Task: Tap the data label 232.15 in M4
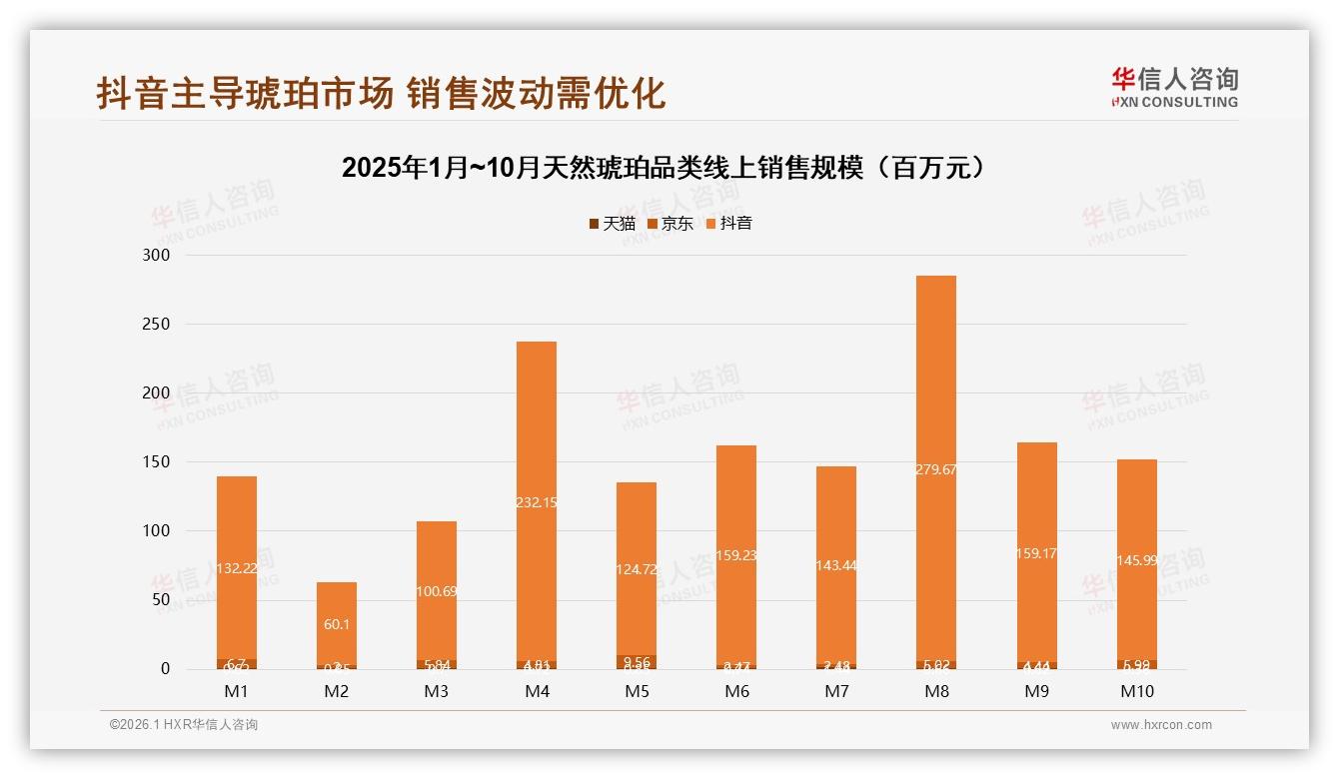coord(536,502)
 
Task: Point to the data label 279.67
coord(935,469)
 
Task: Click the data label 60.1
coord(336,624)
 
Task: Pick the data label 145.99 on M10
coord(1136,560)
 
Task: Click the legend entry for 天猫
coord(613,224)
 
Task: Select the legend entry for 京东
coord(670,224)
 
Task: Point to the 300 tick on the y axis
coord(158,256)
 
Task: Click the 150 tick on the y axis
coord(158,462)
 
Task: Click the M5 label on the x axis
coord(636,691)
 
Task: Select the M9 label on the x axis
coord(1036,691)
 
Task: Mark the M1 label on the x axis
coord(236,691)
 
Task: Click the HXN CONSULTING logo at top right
coord(1174,88)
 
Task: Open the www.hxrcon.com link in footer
coord(1161,725)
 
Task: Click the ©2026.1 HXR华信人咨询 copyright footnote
coord(184,725)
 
